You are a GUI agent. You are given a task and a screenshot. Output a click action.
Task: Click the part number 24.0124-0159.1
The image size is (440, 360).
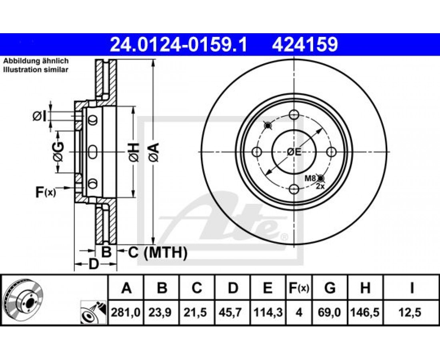click(x=178, y=45)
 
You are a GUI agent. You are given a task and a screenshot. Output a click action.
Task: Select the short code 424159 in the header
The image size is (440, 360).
click(x=304, y=45)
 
